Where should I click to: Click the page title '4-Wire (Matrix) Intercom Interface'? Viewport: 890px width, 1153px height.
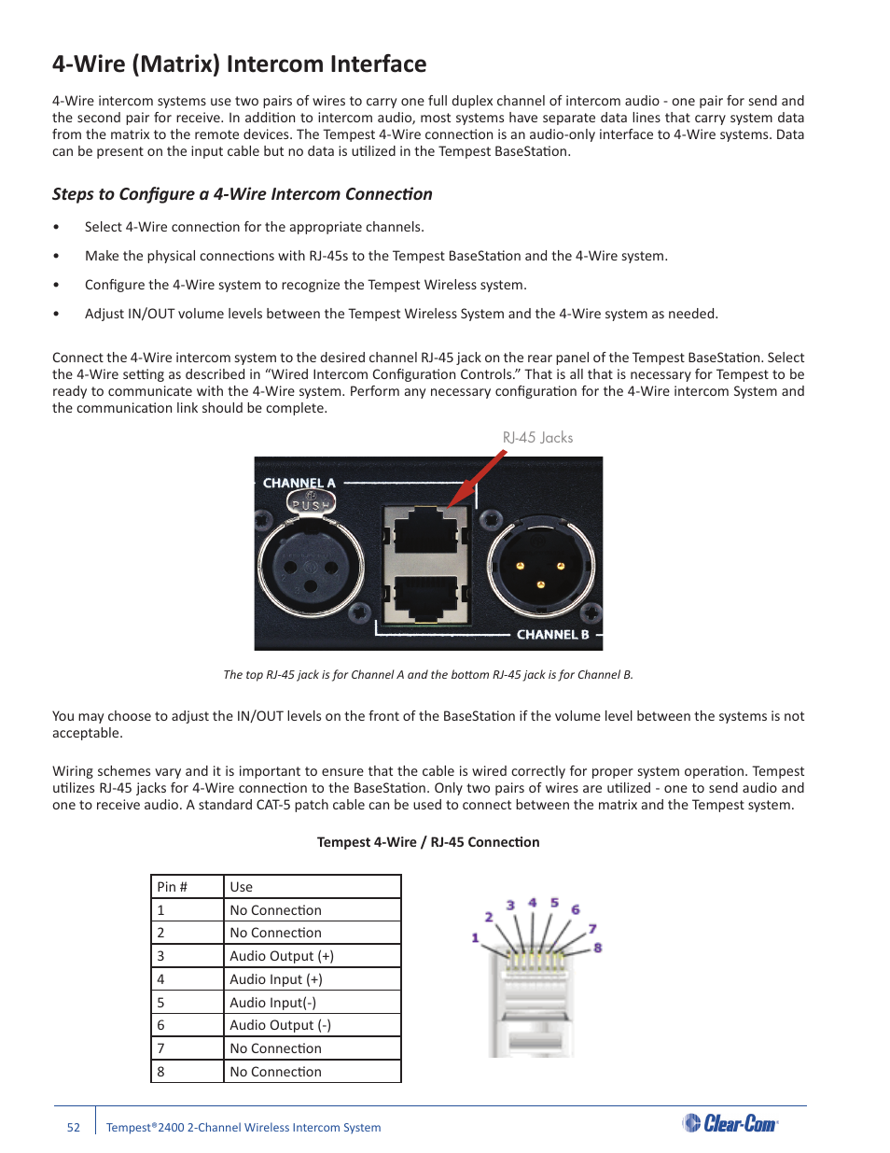point(239,64)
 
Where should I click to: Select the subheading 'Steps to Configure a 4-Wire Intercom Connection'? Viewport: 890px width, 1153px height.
point(243,194)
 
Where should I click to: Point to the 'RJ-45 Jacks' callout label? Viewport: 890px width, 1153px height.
point(537,438)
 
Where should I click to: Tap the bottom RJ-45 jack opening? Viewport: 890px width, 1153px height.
point(426,598)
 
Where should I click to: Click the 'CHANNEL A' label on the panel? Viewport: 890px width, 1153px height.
point(299,483)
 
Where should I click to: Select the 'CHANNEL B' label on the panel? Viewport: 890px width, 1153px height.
point(552,635)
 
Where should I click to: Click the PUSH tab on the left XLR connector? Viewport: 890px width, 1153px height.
point(311,504)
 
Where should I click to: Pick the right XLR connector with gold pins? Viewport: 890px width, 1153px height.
point(540,566)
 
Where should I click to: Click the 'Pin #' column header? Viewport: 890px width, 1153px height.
point(173,887)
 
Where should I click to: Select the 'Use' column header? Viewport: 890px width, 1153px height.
point(242,887)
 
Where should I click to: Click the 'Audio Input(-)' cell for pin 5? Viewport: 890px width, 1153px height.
point(273,1003)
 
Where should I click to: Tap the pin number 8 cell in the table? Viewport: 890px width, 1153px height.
point(161,1072)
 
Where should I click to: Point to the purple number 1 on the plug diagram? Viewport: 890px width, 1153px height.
point(475,937)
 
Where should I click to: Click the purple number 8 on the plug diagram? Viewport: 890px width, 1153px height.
point(598,948)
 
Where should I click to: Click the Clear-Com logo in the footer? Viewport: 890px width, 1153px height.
point(730,1123)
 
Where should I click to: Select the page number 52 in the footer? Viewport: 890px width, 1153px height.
point(74,1128)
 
